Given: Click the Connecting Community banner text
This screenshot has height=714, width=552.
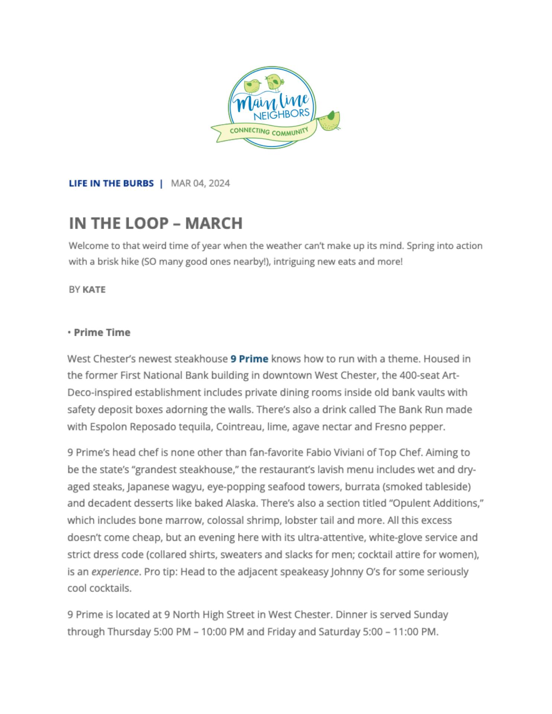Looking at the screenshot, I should tap(269, 132).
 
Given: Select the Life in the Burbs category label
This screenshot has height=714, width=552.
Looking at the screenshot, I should tap(111, 183).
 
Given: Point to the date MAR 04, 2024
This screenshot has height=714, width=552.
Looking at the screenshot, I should tap(200, 183).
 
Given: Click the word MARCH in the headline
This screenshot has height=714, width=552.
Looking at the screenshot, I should tap(214, 223).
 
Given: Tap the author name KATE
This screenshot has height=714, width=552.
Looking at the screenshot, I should tap(94, 289).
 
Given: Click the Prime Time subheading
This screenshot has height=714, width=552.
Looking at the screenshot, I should tap(102, 332).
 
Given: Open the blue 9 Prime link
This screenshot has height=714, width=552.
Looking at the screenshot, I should tap(249, 359).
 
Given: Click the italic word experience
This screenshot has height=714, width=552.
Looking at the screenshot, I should tap(115, 572).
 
